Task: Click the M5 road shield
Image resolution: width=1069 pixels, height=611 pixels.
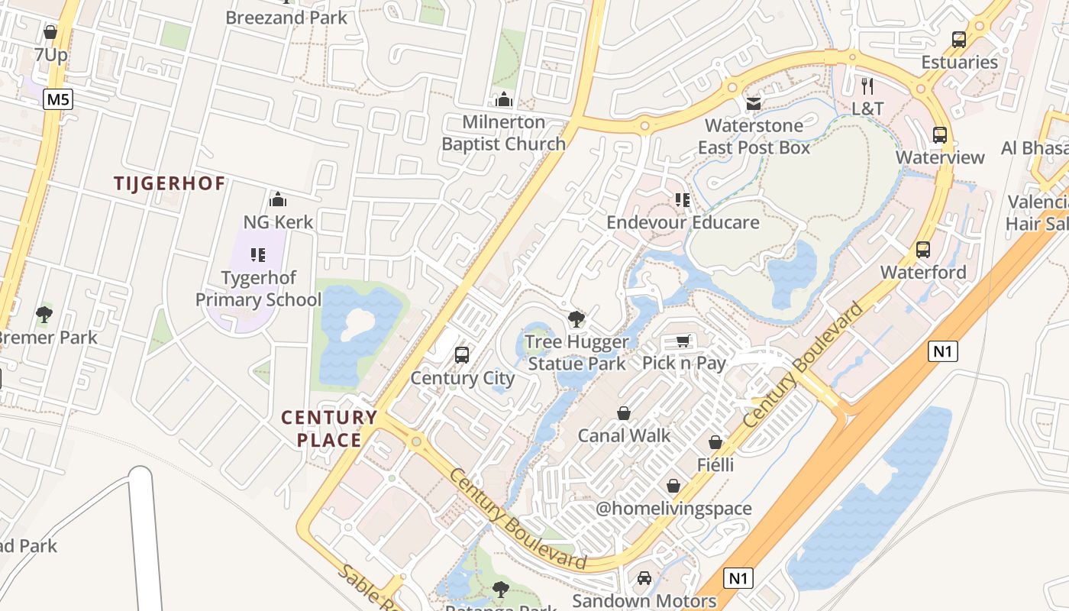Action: click(57, 99)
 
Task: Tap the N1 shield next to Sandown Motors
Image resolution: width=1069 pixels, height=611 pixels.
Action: click(738, 578)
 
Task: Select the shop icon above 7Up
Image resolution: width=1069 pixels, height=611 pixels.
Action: click(50, 32)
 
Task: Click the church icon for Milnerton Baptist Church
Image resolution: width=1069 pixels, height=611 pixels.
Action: click(504, 99)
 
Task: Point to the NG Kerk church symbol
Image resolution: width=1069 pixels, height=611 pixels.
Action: click(278, 199)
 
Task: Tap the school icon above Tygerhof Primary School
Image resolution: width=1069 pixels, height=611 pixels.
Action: click(258, 254)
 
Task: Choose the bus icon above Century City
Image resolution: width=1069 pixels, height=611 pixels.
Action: click(462, 354)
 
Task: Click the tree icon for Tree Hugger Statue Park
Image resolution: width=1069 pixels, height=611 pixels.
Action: click(576, 319)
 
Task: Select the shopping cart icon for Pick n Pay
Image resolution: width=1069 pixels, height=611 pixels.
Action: click(683, 341)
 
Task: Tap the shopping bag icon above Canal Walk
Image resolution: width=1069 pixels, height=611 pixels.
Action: click(624, 413)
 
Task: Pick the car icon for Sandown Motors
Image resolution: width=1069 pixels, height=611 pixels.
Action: click(644, 578)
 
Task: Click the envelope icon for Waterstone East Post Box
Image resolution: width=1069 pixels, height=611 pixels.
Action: click(754, 103)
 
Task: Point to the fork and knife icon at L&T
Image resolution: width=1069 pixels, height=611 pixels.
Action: click(867, 86)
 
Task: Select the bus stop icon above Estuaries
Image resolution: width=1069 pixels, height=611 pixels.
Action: click(959, 39)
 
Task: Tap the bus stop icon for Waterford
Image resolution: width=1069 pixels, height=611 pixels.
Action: click(923, 249)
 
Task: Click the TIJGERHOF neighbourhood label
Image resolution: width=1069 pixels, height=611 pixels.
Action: click(170, 183)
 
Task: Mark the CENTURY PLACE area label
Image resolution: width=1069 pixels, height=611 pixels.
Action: click(329, 428)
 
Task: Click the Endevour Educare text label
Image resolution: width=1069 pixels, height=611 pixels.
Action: click(683, 222)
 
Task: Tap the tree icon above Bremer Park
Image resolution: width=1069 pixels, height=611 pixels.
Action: click(44, 314)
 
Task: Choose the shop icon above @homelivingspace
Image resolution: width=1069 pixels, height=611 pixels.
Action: click(673, 486)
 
